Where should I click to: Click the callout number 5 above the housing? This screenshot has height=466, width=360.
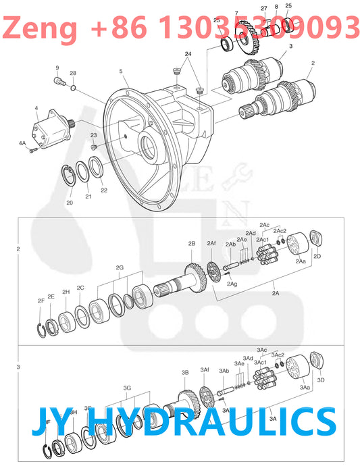pyautogui.click(x=120, y=72)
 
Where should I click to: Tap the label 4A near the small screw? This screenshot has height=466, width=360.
pyautogui.click(x=22, y=143)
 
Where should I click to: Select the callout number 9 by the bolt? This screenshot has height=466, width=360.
pyautogui.click(x=57, y=68)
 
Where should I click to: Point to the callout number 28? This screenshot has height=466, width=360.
pyautogui.click(x=73, y=73)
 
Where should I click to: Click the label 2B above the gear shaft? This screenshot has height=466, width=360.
pyautogui.click(x=192, y=243)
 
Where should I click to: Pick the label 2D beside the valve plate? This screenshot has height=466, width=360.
pyautogui.click(x=317, y=257)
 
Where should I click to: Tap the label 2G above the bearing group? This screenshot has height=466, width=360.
pyautogui.click(x=120, y=267)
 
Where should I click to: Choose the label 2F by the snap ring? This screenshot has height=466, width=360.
pyautogui.click(x=41, y=301)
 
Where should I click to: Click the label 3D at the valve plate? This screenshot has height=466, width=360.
pyautogui.click(x=321, y=380)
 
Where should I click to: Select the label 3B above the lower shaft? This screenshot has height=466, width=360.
pyautogui.click(x=184, y=372)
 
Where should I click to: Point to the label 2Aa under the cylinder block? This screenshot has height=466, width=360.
pyautogui.click(x=301, y=261)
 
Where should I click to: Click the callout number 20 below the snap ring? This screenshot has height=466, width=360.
pyautogui.click(x=70, y=203)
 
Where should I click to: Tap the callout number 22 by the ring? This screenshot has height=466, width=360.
pyautogui.click(x=104, y=190)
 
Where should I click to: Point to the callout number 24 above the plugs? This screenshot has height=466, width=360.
pyautogui.click(x=188, y=53)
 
